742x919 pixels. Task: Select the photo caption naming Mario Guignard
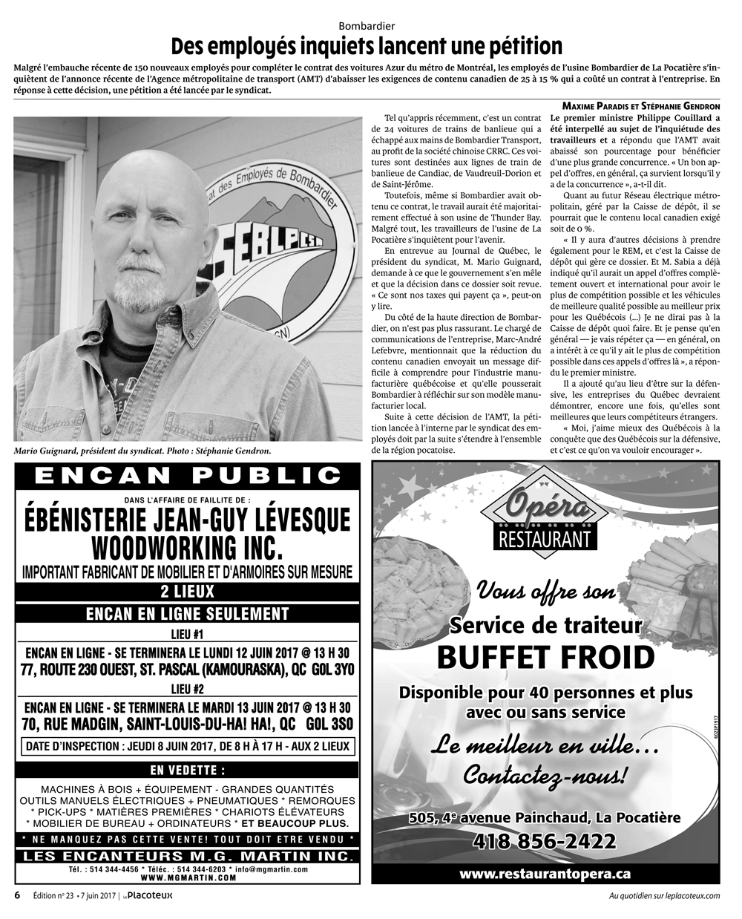pos(142,451)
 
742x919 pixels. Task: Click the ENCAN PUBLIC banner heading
pos(187,475)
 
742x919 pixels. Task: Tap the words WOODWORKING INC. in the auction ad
pos(187,549)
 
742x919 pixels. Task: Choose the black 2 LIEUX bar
pos(187,592)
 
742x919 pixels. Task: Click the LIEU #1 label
pos(187,634)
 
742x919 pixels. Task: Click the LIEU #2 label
pos(187,688)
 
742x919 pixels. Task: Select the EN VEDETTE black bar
pos(187,769)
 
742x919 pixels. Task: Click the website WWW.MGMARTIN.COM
pos(187,877)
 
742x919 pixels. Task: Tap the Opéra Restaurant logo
pos(545,512)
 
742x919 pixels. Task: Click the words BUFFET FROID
pos(545,657)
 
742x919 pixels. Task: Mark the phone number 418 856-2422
pos(545,841)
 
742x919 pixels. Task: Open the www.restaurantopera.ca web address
pos(545,874)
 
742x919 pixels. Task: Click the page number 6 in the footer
pos(17,895)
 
